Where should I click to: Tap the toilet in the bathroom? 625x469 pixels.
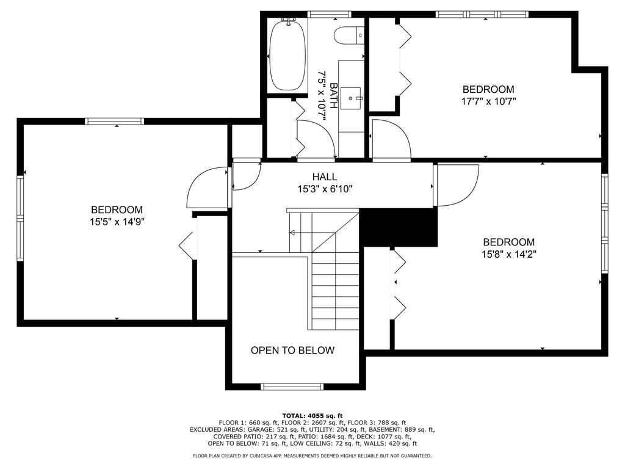pos(349,35)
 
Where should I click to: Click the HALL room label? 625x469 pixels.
pos(325,176)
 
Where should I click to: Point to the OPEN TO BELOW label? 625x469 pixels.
pos(292,350)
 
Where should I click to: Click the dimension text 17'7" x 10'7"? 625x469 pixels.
pos(489,101)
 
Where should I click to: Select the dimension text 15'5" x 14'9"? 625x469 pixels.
pos(117,222)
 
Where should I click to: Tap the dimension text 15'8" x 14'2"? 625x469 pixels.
pos(509,254)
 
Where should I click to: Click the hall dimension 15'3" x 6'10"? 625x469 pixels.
pos(325,189)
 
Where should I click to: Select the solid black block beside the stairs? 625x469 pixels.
pos(399,227)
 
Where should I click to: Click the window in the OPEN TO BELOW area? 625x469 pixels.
pos(292,387)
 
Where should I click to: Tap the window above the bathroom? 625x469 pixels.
pos(329,15)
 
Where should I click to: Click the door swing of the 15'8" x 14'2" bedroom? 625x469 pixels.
pos(458,186)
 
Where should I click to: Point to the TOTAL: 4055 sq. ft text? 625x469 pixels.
pos(312,415)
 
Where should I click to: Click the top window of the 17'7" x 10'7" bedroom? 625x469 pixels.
pos(482,15)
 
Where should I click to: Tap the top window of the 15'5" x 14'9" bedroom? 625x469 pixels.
pos(114,122)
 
